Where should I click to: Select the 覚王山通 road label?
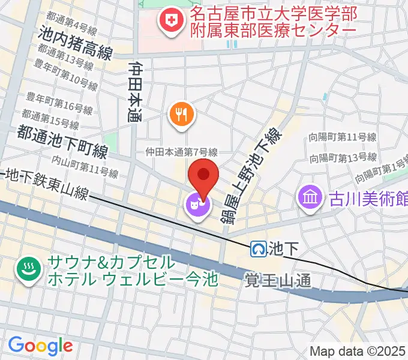278,279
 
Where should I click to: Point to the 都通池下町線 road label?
62,142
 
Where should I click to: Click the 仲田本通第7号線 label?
181,153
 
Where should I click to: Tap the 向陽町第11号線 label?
343,138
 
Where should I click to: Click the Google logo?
40,346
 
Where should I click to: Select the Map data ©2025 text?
358,352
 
